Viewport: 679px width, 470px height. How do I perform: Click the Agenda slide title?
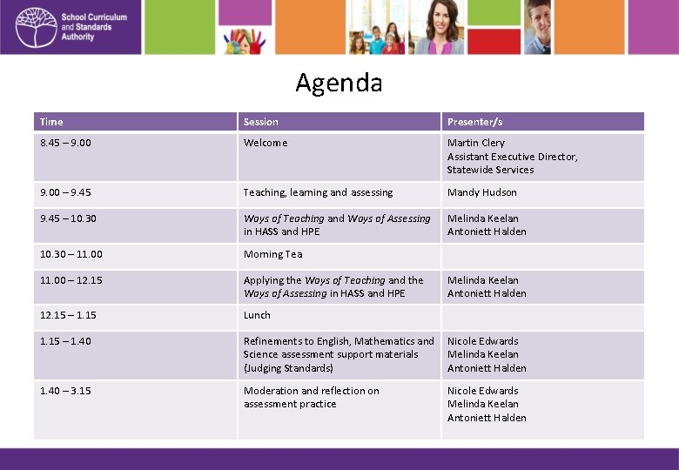[339, 83]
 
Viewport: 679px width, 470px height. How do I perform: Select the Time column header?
[51, 122]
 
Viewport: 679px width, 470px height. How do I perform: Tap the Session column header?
[261, 122]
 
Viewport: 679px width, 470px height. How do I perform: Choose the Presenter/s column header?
[474, 122]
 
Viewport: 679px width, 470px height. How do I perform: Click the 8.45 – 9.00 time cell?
[65, 143]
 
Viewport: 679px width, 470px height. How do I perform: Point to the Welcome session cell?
[266, 143]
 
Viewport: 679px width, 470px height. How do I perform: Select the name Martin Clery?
[476, 143]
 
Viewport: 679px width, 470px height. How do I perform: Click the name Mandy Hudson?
[482, 192]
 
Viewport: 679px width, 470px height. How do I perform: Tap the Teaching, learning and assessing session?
[318, 192]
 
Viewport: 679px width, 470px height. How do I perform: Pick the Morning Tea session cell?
[272, 254]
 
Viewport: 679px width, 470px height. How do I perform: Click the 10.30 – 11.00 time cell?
[71, 254]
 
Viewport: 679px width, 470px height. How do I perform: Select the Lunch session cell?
[257, 315]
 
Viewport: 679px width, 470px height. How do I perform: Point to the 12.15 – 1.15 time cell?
[68, 315]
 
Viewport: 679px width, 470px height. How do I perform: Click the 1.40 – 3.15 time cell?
[65, 391]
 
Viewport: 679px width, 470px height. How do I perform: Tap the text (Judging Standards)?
[288, 368]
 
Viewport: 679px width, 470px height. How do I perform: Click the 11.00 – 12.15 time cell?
[71, 280]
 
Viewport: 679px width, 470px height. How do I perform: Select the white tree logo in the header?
[34, 27]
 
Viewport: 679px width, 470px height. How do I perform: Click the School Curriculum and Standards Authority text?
[94, 27]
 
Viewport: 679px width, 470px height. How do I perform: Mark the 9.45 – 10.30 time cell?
[68, 218]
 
